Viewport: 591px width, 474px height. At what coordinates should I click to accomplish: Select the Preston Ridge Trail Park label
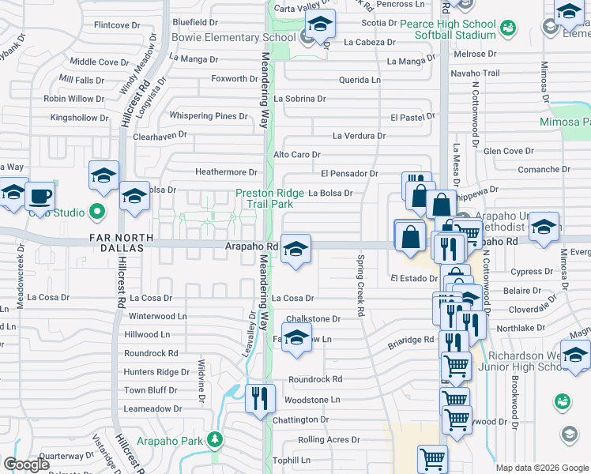point(269,197)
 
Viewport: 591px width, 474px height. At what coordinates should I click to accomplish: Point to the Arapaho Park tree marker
point(214,439)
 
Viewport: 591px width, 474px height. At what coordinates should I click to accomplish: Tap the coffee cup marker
point(40,196)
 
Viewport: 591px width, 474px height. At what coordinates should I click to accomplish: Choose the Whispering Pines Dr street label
point(209,116)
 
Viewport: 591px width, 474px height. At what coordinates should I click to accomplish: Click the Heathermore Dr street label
point(227,172)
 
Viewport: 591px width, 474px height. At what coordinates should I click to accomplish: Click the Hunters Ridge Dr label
point(156,372)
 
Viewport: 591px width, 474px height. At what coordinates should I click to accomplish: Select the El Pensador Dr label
point(349,173)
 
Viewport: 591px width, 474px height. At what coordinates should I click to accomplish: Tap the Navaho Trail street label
point(477,73)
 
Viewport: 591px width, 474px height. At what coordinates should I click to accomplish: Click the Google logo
point(27,465)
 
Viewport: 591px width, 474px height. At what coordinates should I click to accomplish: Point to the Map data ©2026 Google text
point(541,468)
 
